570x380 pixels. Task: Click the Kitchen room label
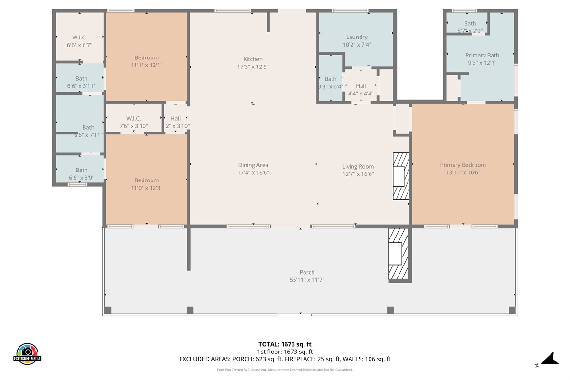point(253,59)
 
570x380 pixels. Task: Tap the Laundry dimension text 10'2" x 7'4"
point(356,45)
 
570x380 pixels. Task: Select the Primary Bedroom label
point(463,165)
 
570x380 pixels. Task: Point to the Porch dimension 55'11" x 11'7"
point(307,280)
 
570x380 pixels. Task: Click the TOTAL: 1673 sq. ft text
point(285,344)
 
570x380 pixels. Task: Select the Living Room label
point(358,167)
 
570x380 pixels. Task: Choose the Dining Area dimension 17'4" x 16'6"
point(253,173)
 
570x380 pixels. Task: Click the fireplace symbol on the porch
point(398,254)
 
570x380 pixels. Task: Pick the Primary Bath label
point(482,56)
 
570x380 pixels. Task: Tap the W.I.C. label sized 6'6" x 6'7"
point(79,38)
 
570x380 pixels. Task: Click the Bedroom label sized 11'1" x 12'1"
point(146,58)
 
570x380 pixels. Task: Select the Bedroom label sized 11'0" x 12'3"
point(146,180)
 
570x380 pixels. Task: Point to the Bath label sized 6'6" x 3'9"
point(82,170)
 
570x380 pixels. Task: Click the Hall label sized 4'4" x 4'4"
point(361,86)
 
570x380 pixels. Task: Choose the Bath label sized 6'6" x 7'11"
point(88,127)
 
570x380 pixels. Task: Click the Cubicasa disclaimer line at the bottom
point(285,370)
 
